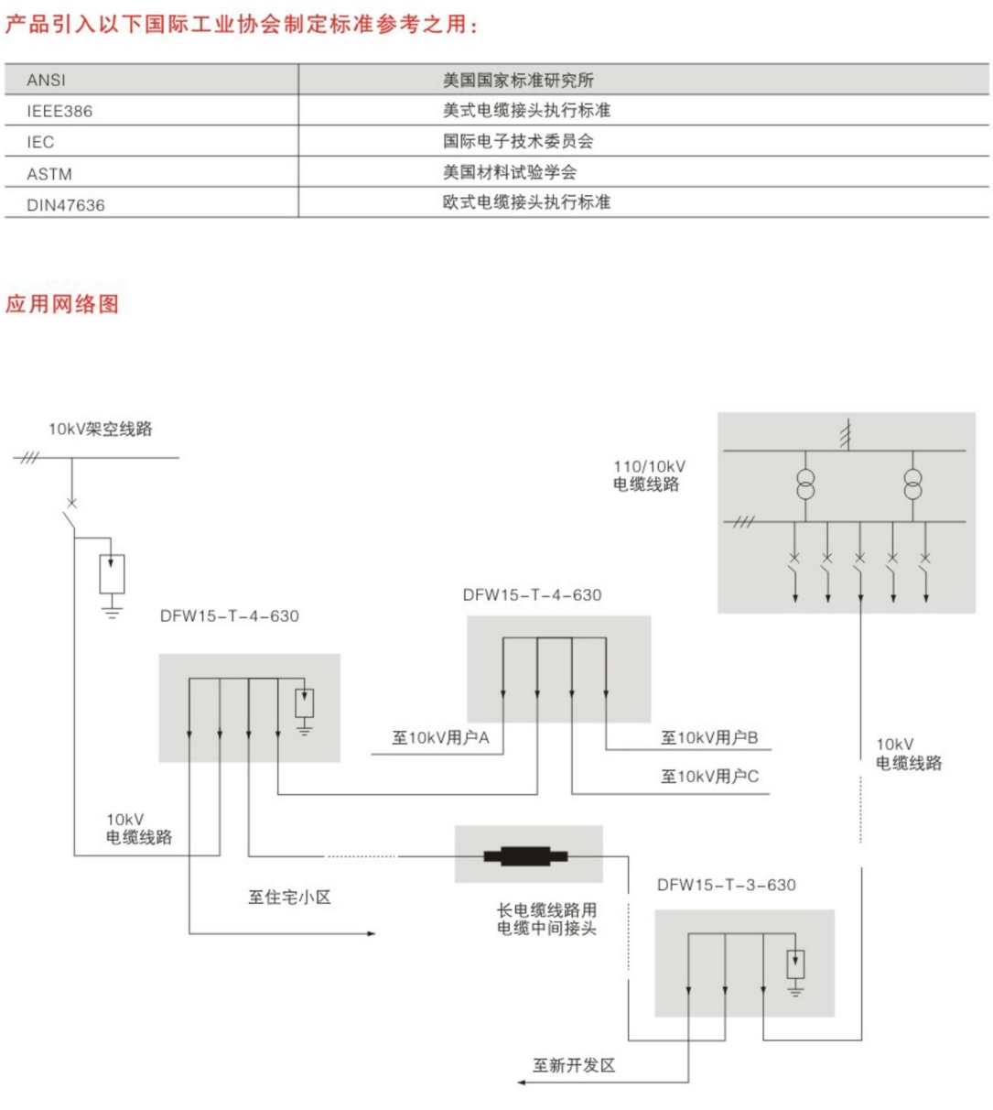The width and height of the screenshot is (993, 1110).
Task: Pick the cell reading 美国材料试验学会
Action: [509, 172]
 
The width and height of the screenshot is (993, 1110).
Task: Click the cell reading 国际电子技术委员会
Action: [518, 141]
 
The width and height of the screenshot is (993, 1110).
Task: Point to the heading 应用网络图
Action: [62, 303]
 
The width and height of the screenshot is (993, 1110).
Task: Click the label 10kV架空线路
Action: [100, 429]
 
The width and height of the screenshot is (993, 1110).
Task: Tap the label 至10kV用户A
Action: [440, 737]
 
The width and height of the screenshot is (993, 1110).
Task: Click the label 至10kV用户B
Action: [709, 737]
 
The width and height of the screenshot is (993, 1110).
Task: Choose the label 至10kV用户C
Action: [709, 776]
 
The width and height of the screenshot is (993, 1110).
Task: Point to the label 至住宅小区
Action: [289, 897]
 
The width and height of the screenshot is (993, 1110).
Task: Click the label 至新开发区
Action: [574, 1065]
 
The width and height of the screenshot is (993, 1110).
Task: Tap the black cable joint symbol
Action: [525, 855]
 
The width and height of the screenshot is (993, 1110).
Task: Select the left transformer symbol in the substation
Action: [805, 484]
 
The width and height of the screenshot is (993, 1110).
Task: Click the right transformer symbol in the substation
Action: [912, 484]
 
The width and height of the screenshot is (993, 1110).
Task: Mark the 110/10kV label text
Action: [649, 467]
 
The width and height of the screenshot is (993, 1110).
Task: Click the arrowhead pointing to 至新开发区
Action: [522, 1082]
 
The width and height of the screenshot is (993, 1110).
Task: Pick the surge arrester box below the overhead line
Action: [112, 573]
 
